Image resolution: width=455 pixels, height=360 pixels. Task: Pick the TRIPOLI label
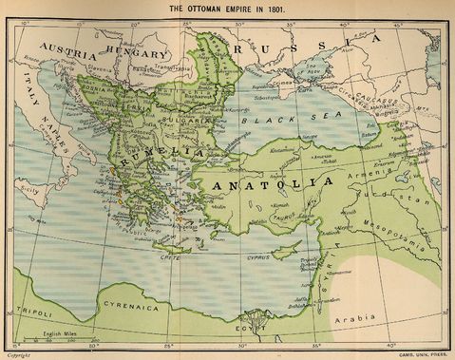35,310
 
